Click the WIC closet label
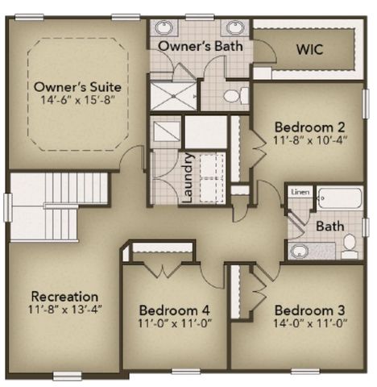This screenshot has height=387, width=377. click(x=309, y=49)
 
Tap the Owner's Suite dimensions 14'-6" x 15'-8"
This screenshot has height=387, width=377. click(x=78, y=100)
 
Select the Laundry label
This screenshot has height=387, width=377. click(x=187, y=178)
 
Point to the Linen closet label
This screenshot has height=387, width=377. click(x=300, y=192)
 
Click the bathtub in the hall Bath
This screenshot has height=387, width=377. click(x=340, y=198)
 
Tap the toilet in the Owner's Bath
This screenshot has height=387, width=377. click(x=236, y=95)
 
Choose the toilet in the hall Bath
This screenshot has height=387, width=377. click(x=350, y=246)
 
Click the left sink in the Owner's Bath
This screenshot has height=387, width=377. click(x=164, y=27)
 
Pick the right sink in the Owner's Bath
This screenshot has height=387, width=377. click(x=235, y=27)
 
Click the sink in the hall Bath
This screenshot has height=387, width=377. click(x=299, y=251)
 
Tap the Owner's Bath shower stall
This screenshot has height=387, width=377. click(x=173, y=96)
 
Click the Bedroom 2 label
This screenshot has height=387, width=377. click(x=309, y=127)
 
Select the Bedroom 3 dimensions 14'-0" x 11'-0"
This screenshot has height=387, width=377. click(x=310, y=323)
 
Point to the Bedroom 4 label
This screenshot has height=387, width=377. click(x=175, y=310)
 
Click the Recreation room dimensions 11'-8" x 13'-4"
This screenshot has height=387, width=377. click(x=65, y=310)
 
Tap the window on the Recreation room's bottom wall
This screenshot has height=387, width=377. click(x=67, y=375)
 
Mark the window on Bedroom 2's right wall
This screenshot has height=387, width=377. click(x=366, y=104)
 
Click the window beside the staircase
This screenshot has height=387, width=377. click(x=7, y=207)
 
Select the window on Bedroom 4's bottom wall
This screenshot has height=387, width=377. click(x=186, y=372)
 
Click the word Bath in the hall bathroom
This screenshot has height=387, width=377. click(x=330, y=226)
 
